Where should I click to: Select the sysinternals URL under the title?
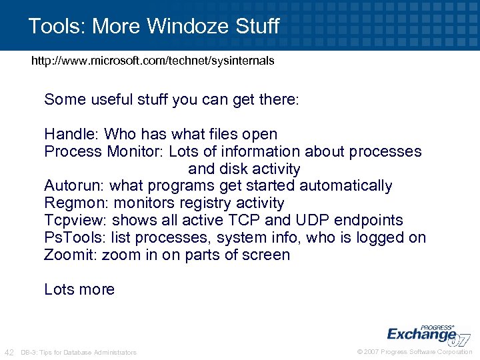tap(153, 61)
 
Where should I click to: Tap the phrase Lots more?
tap(79, 289)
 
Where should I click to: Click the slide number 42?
tap(9, 352)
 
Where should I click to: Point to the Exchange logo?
tap(427, 335)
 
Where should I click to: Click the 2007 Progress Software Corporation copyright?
tap(415, 352)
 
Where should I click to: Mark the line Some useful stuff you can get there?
tap(172, 100)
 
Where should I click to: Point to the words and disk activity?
tap(244, 169)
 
